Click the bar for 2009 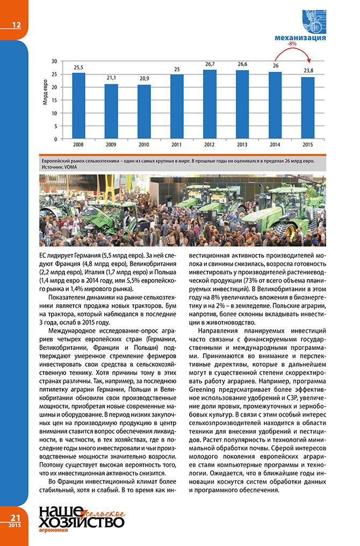(x=111, y=111)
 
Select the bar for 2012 (x=210, y=104)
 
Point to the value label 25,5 (x=78, y=67)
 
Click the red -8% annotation (x=292, y=43)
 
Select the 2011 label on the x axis (x=177, y=145)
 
